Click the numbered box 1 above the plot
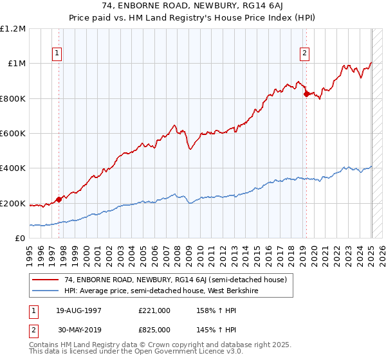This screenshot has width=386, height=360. (57, 53)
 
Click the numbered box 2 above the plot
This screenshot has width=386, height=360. (304, 53)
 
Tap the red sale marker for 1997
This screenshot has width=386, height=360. (59, 199)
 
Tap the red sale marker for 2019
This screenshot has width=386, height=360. (306, 94)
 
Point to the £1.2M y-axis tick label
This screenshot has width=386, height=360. (14, 29)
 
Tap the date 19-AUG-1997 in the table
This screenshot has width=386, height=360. (78, 310)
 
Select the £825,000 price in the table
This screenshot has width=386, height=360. (154, 329)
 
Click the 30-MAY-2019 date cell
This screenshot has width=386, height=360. (78, 329)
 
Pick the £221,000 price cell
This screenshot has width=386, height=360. (154, 310)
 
